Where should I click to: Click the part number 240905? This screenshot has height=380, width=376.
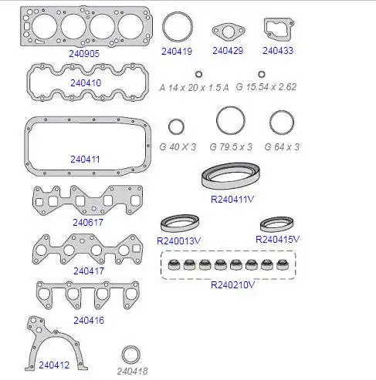click(x=84, y=54)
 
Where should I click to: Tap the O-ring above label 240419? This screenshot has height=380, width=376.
click(x=163, y=27)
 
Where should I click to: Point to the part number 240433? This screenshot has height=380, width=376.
click(x=278, y=51)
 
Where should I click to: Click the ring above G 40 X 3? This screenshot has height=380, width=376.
click(x=169, y=126)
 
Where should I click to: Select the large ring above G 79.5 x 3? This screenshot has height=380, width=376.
click(x=217, y=120)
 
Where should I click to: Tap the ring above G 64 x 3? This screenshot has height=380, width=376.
click(x=270, y=123)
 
